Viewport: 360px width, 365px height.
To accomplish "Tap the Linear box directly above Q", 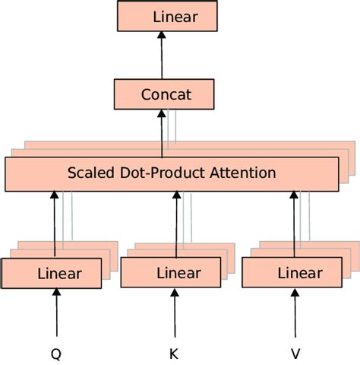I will click(52, 274).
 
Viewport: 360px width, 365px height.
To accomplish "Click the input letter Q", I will click(55, 353).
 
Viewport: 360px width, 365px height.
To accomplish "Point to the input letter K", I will click(174, 353).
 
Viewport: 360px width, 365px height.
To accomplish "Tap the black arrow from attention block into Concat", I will click(161, 133).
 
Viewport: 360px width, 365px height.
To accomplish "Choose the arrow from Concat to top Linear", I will click(161, 56).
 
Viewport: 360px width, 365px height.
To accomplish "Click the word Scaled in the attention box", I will click(90, 173).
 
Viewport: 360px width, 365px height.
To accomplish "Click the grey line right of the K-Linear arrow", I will click(183, 217).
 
